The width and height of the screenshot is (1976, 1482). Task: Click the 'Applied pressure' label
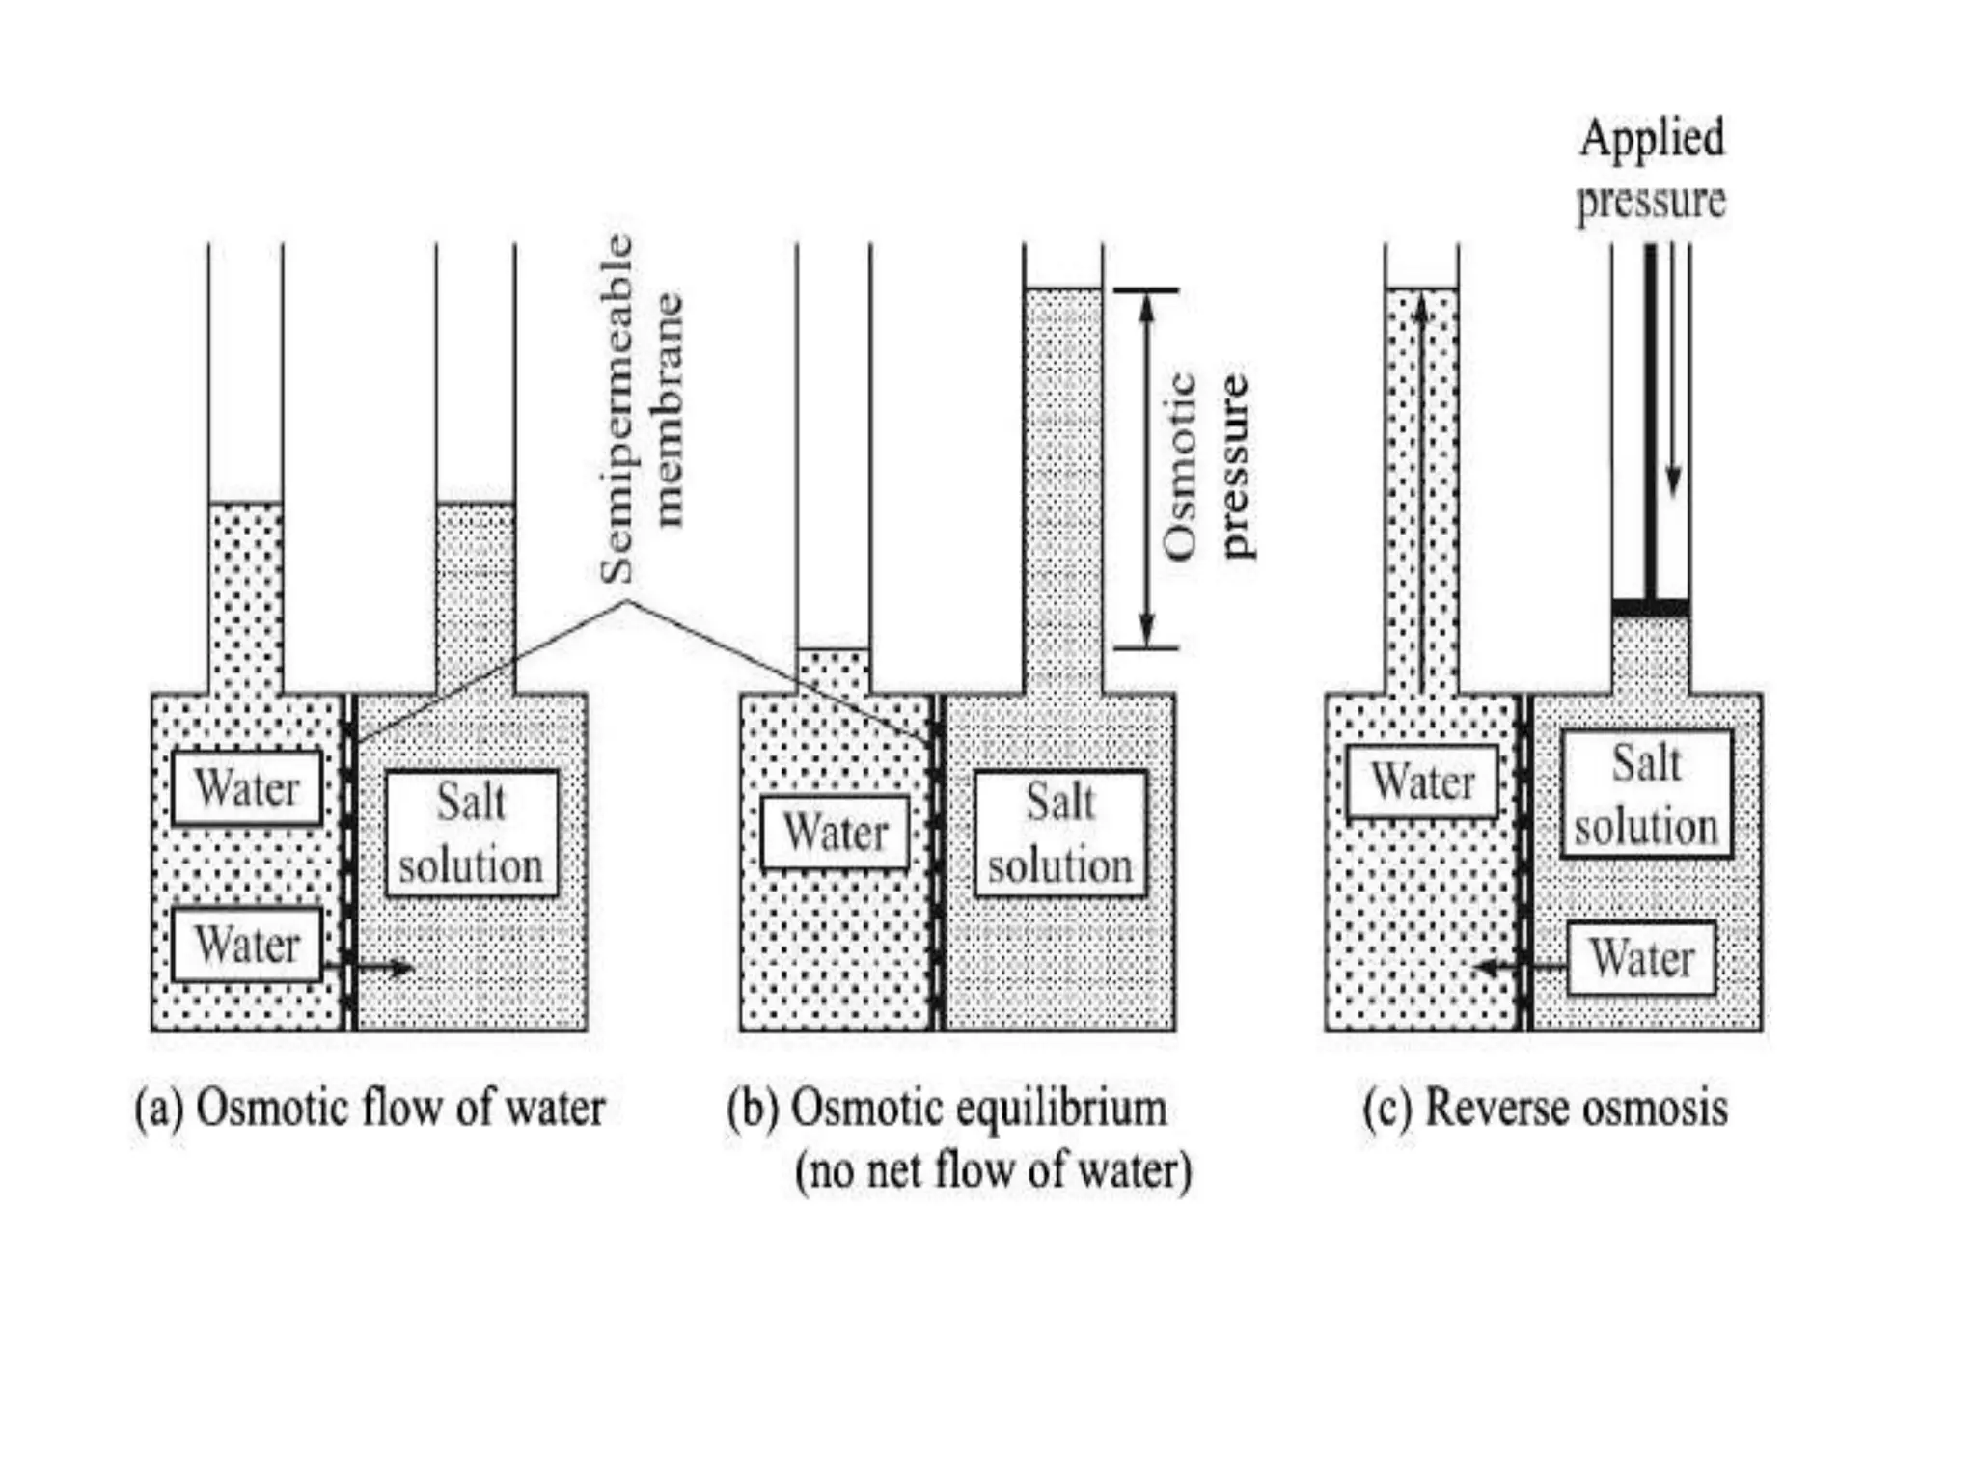pos(1651,170)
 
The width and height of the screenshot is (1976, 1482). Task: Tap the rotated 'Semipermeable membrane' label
pos(641,409)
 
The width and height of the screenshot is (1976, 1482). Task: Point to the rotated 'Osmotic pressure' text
pos(1206,467)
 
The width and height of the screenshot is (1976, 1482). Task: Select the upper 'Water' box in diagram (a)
pos(247,787)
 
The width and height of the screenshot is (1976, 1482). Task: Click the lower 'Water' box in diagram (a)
pos(247,944)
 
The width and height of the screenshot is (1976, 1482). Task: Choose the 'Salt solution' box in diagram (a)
pos(472,834)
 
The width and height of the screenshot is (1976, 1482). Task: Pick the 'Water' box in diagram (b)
pos(835,832)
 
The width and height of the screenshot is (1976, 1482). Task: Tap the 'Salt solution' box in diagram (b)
pos(1060,834)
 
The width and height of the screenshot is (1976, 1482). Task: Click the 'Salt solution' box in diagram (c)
pos(1646,794)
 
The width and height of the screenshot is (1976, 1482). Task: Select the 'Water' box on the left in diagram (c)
pos(1422,782)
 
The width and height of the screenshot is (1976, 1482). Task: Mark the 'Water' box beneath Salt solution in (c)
pos(1641,958)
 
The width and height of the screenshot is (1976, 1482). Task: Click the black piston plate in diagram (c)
pos(1650,608)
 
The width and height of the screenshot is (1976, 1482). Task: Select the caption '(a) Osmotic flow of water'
pos(370,1108)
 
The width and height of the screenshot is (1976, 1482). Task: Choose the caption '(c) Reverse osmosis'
pos(1545,1108)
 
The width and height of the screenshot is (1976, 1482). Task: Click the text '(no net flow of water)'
pos(993,1170)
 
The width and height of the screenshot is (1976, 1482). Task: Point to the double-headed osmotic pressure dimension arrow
pos(1146,469)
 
